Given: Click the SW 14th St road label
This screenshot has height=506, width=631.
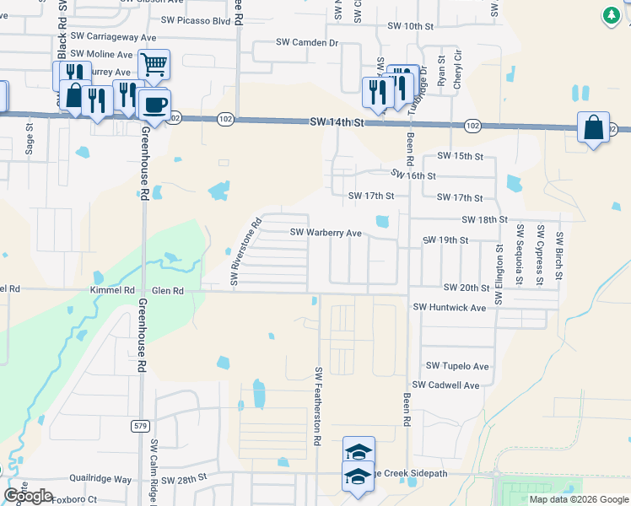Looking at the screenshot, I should click(336, 122).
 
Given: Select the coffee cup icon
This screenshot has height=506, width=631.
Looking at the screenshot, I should click(154, 105).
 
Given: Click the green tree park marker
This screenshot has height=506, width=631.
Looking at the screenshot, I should click(612, 15).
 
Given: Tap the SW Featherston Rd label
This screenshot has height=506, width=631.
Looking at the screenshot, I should click(319, 406).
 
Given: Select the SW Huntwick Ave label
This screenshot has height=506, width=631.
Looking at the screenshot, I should click(450, 308).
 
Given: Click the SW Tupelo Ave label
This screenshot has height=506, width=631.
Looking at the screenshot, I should click(457, 366).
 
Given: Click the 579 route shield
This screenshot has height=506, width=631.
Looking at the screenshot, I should click(141, 426).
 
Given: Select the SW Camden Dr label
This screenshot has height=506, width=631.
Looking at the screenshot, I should click(307, 42).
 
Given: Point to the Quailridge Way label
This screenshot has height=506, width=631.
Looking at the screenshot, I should click(100, 479).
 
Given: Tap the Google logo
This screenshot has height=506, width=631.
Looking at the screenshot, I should click(28, 496).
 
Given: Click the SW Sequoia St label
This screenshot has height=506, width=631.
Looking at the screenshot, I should click(521, 256).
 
